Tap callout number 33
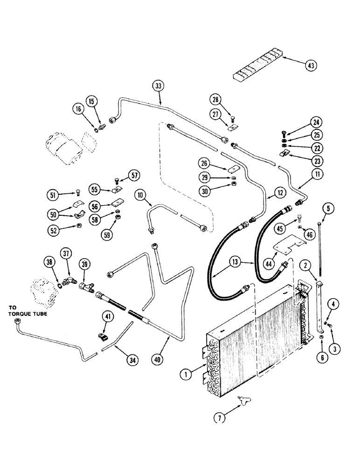[x=159, y=86]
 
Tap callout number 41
[x=108, y=317]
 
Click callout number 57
[x=135, y=176]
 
